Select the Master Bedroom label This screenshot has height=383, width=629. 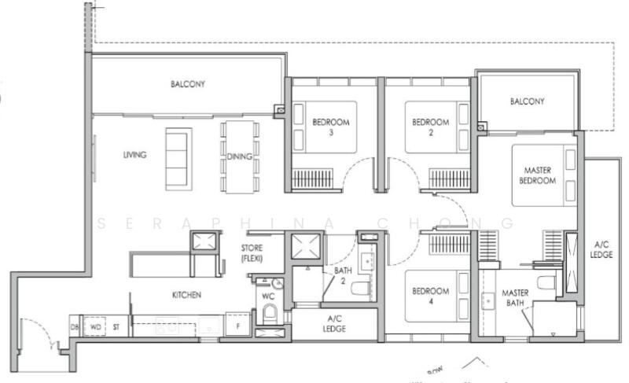(x=538, y=175)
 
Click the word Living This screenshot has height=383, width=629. (x=134, y=155)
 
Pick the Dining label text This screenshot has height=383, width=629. (x=239, y=157)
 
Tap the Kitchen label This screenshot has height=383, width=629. (x=187, y=295)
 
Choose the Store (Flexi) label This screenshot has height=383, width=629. (x=252, y=252)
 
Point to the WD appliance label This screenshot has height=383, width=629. (x=97, y=326)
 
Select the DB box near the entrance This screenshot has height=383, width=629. (x=75, y=326)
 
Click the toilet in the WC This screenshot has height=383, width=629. (x=270, y=315)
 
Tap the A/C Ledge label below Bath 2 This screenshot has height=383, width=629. (x=334, y=324)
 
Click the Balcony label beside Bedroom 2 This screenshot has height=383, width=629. (x=527, y=101)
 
